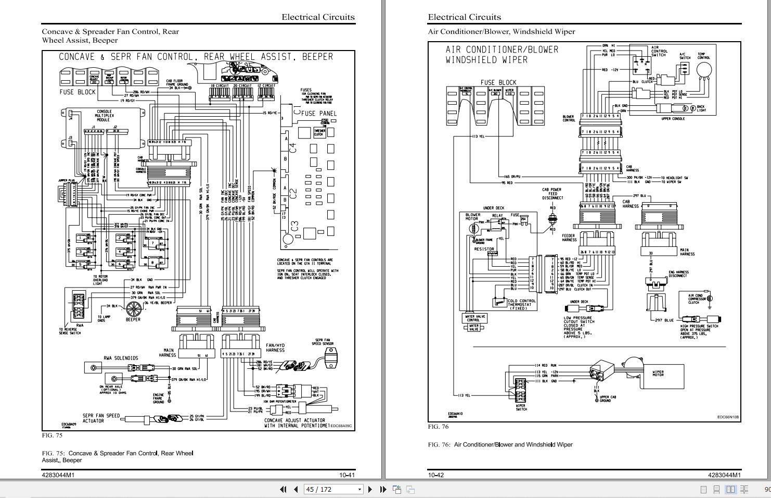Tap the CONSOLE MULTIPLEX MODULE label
(x=104, y=116)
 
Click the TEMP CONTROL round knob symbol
(x=704, y=70)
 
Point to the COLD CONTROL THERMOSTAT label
(x=521, y=304)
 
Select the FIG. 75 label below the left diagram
(x=52, y=435)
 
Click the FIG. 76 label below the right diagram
(x=438, y=427)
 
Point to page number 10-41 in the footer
(x=346, y=475)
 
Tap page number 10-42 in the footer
(x=436, y=475)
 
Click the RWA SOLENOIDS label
(x=121, y=358)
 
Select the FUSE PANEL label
(x=318, y=113)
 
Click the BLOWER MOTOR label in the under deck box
(x=473, y=217)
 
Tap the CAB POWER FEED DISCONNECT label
(x=552, y=194)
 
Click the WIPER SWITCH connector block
(x=521, y=389)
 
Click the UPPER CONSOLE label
(x=673, y=119)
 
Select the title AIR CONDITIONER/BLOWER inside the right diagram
(x=502, y=49)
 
